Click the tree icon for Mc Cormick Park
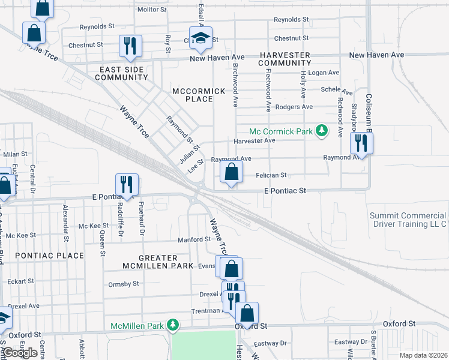(x=322, y=131)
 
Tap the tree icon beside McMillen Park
(x=173, y=325)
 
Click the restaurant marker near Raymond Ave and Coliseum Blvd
(x=361, y=143)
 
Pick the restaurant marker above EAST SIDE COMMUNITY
(x=130, y=46)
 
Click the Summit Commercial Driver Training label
(x=408, y=220)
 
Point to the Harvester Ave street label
(x=254, y=140)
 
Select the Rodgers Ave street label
(x=294, y=107)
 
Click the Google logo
(x=20, y=353)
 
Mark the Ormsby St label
(x=123, y=283)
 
